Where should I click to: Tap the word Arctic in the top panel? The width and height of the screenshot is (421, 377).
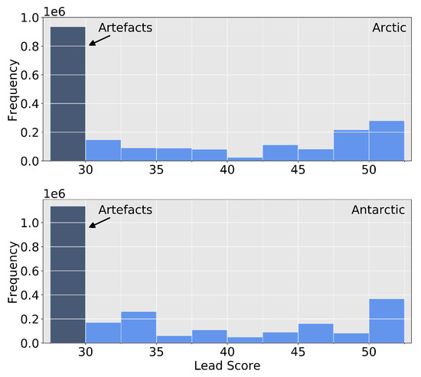point(387,28)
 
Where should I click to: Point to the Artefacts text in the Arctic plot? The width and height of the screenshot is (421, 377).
point(126,28)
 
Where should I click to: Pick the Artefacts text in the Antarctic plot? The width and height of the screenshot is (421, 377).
point(126,210)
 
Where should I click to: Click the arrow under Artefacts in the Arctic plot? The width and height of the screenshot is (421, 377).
point(98,40)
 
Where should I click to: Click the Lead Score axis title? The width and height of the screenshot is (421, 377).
point(227,366)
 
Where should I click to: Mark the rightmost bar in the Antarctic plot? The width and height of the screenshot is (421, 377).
point(387,320)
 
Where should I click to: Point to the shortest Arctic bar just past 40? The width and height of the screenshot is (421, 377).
point(244,158)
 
